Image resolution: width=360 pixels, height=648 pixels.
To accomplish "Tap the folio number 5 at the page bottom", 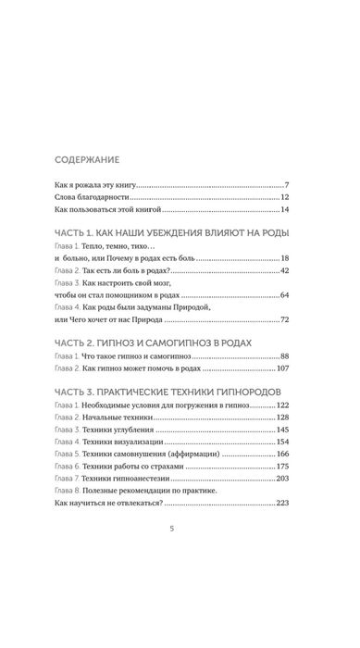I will click(180, 581).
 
